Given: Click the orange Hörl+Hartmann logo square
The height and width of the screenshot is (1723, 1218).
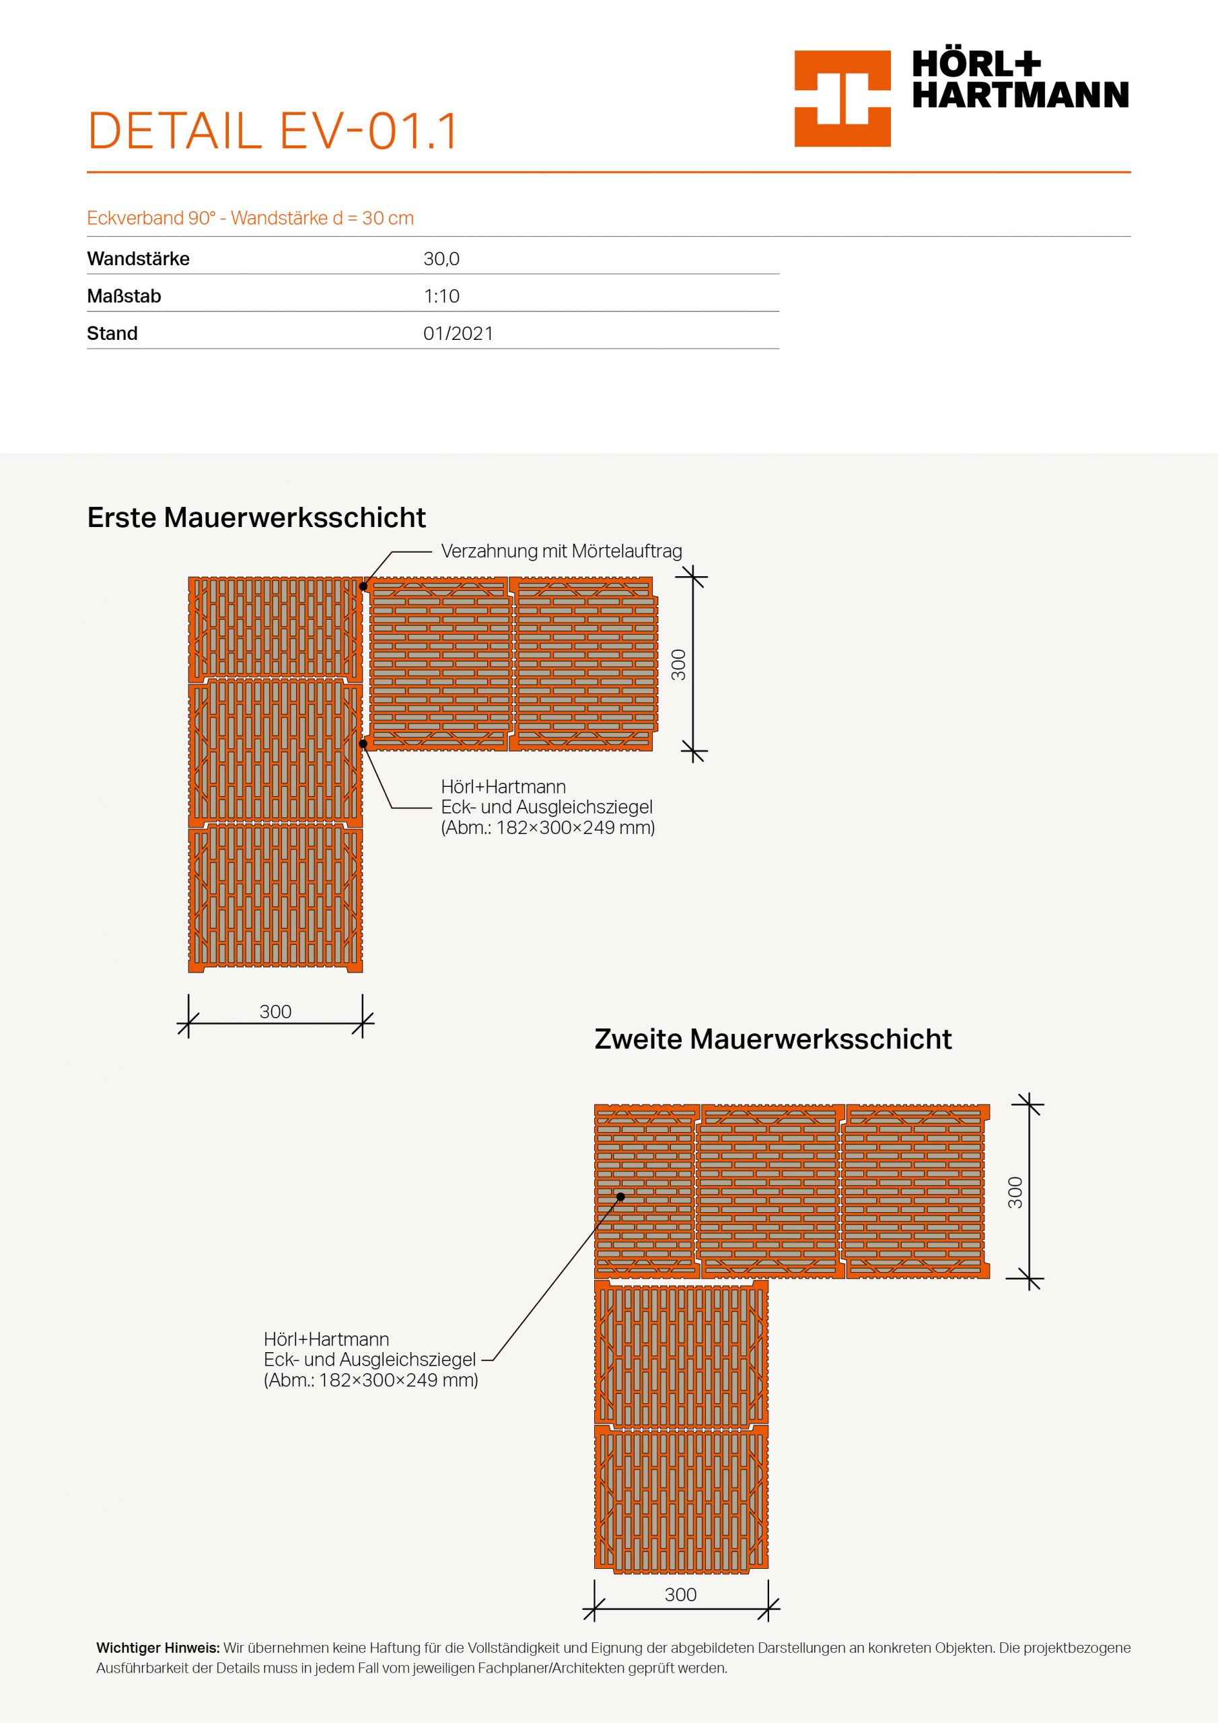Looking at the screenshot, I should pos(842,98).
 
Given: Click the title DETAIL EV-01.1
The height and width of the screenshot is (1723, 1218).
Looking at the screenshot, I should pos(273,131).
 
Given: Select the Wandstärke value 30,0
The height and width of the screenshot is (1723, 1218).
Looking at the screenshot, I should pos(441,259).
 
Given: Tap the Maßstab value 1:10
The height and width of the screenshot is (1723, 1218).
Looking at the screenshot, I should pos(441,296).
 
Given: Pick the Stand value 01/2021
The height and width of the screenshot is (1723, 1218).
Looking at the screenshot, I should pos(458,333).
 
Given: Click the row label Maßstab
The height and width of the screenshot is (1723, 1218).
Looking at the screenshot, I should pos(124,296).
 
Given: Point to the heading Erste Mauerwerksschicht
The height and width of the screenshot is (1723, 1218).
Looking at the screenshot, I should pos(256,517).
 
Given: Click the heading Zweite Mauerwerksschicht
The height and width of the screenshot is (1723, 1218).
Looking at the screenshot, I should pos(773,1039).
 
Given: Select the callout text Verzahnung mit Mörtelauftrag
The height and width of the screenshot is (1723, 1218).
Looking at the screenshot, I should pos(561,552).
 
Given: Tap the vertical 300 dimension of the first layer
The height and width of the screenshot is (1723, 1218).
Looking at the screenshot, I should pos(678,664).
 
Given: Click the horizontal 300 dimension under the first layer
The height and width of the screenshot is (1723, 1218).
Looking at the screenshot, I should pos(275,1012).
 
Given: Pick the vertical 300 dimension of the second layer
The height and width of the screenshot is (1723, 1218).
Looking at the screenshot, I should pos(1015,1193).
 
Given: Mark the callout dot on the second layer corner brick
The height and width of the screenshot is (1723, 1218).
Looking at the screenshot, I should pos(620,1197).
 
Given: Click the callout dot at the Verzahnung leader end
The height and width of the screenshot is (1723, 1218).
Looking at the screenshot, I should pos(363,586).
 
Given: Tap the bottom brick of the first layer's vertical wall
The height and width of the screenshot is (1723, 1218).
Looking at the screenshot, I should pos(275,899).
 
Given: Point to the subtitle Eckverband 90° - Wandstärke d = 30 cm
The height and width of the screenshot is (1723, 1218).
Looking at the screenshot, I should pos(250,218).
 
